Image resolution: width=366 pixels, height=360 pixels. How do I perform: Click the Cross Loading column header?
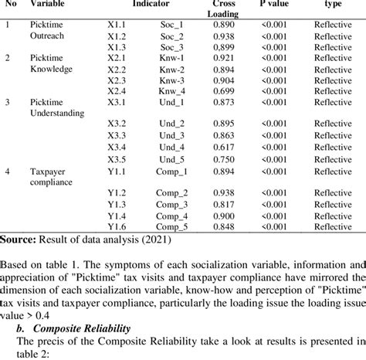click(224, 8)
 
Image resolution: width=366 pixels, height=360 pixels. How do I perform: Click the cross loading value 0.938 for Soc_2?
click(224, 36)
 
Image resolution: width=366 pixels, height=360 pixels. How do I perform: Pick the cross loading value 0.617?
click(224, 148)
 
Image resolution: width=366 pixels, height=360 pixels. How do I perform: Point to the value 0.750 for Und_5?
click(224, 158)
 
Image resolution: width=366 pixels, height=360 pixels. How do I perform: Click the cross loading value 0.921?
click(224, 58)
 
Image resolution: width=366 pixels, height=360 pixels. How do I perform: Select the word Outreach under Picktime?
click(47, 36)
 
